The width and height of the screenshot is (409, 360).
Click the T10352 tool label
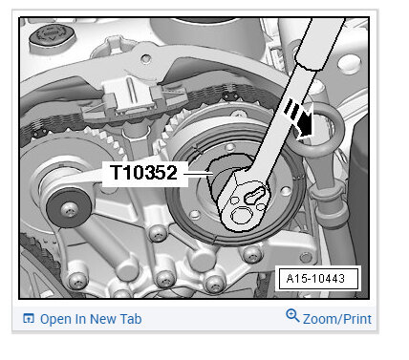pyautogui.click(x=143, y=173)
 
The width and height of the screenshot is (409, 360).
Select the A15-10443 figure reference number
pyautogui.click(x=315, y=279)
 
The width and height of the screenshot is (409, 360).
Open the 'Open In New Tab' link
pyautogui.click(x=91, y=319)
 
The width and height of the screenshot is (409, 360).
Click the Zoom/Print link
pyautogui.click(x=337, y=319)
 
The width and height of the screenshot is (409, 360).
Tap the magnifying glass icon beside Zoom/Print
pyautogui.click(x=292, y=315)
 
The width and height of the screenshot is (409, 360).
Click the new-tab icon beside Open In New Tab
pyautogui.click(x=29, y=318)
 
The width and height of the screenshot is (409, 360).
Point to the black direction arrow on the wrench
pyautogui.click(x=300, y=120)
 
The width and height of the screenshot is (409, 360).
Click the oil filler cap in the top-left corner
pyautogui.click(x=52, y=36)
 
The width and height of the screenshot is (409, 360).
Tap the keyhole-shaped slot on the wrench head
pyautogui.click(x=255, y=196)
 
